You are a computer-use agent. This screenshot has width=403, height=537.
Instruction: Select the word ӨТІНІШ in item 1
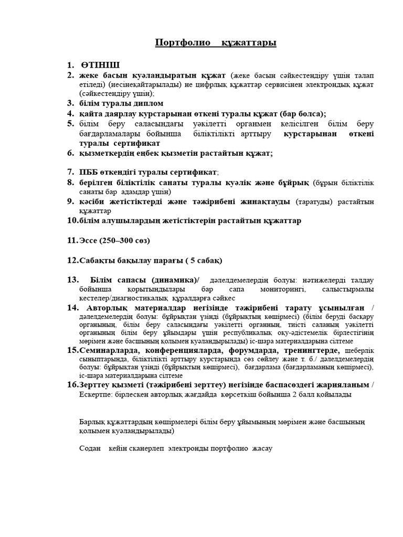coord(100,65)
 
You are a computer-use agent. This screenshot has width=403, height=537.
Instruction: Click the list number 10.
coord(72,221)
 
